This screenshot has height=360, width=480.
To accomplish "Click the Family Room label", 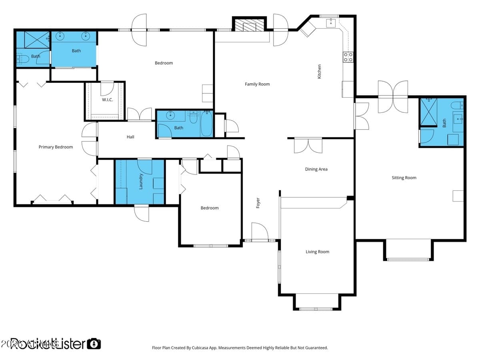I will [x=257, y=84].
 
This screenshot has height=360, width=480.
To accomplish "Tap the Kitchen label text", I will [x=319, y=71].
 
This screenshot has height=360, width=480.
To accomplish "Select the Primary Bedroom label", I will [x=56, y=147].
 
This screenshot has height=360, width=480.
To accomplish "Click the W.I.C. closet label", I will [x=107, y=100].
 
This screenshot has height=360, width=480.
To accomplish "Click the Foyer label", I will [x=258, y=203].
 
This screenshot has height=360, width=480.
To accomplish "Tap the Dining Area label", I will [x=316, y=169].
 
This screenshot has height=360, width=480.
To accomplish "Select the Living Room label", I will [x=317, y=252].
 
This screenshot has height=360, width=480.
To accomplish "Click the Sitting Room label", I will [x=404, y=178].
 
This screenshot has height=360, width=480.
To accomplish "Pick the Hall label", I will [x=130, y=137].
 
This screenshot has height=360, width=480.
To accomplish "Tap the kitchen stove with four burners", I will [x=348, y=57].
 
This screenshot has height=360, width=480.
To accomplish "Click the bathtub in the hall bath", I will [x=206, y=124].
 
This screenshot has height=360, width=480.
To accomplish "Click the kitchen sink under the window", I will [x=330, y=23].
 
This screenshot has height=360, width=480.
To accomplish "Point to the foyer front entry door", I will [x=260, y=232].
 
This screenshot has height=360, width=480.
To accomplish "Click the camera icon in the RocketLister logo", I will [x=94, y=344].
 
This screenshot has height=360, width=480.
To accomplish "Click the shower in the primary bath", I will [x=36, y=39].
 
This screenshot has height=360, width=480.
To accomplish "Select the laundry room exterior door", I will [x=141, y=212].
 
